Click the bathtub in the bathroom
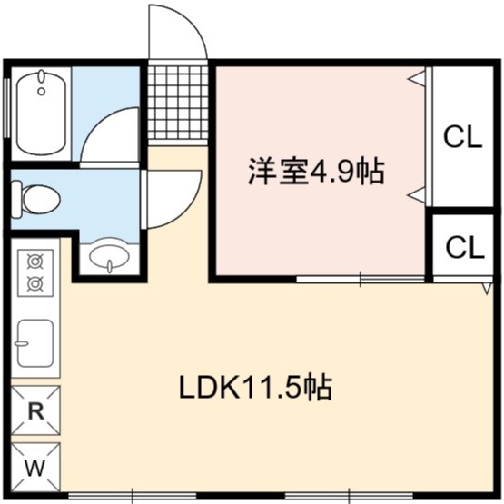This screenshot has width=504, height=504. [x=41, y=113]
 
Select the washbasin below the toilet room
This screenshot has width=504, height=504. [x=109, y=255]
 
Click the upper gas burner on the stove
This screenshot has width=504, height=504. [x=35, y=262]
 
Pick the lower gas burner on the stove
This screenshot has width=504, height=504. [x=35, y=283]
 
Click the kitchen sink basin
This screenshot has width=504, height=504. [x=35, y=342]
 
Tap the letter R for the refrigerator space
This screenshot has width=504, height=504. [x=36, y=410]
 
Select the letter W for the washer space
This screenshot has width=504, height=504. [x=35, y=468]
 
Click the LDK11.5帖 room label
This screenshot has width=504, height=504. [x=255, y=389]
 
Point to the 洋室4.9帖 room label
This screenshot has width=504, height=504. [x=317, y=171]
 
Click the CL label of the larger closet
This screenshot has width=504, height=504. [x=463, y=136]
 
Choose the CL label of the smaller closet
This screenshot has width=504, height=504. [x=465, y=247]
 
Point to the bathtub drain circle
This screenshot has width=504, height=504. [x=41, y=92]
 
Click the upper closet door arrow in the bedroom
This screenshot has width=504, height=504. [x=416, y=78]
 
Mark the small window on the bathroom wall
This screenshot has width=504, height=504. [x=6, y=108]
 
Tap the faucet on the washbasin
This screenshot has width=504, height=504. [x=110, y=266]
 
